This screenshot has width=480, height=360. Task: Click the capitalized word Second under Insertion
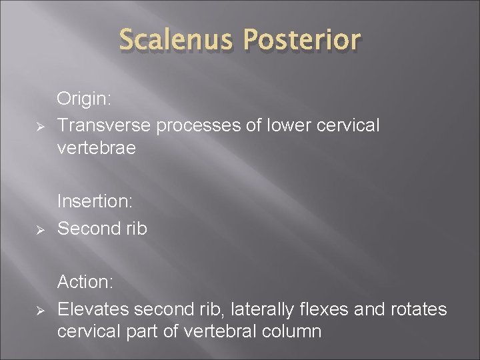point(88,229)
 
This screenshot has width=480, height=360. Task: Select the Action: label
point(85,282)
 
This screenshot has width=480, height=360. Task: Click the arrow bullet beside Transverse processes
point(39,125)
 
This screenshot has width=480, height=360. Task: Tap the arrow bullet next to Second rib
point(39,229)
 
